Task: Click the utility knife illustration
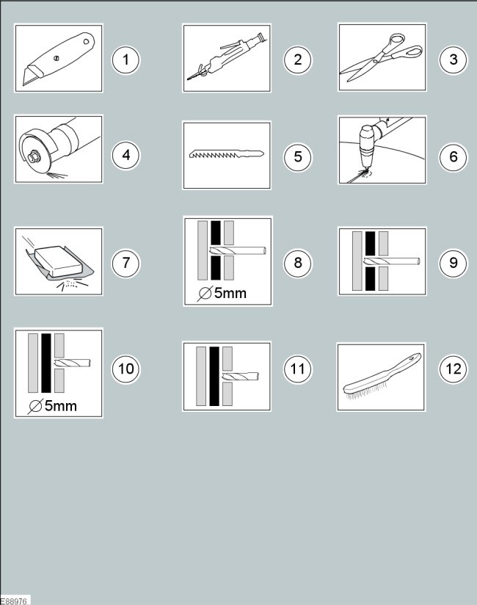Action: click(59, 59)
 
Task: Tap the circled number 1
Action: click(125, 59)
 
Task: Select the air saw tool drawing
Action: click(227, 57)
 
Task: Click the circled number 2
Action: click(298, 59)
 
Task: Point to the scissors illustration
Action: click(381, 57)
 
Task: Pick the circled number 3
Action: click(454, 59)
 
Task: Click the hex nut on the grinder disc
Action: click(32, 157)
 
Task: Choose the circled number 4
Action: click(125, 156)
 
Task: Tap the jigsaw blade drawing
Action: click(227, 154)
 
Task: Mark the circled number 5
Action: click(298, 156)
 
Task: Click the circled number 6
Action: click(454, 156)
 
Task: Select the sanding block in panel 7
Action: click(59, 261)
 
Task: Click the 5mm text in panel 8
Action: click(230, 293)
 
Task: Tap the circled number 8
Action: click(298, 263)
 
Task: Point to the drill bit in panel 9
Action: click(391, 261)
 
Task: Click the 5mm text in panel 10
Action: click(60, 406)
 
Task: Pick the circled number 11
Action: click(298, 369)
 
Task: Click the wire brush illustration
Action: click(382, 377)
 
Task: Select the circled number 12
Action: click(454, 369)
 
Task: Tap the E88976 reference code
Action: click(14, 601)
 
